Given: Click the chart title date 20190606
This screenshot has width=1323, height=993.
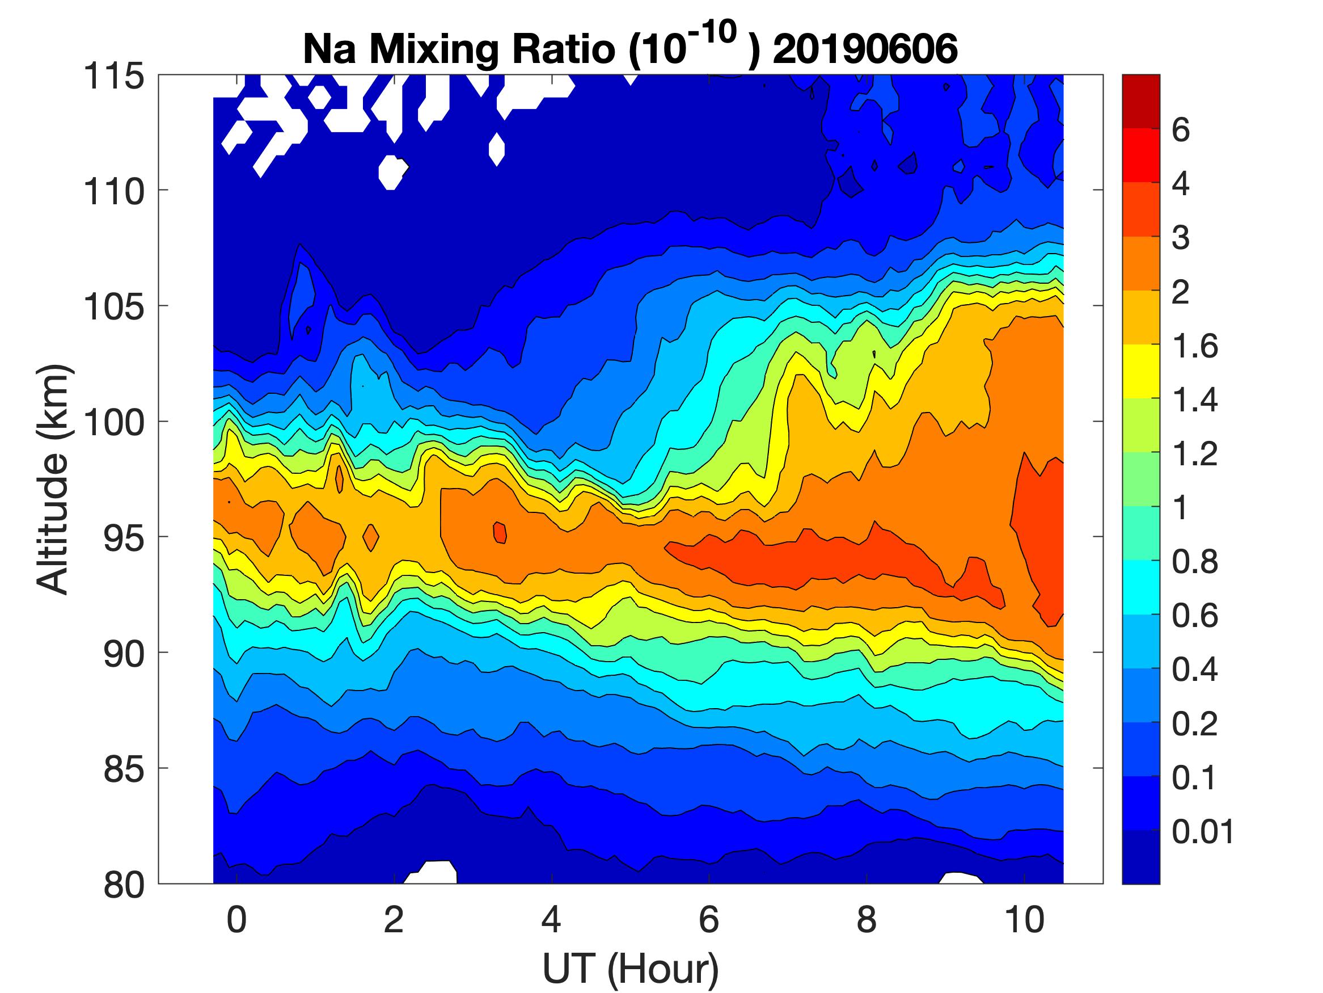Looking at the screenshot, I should pyautogui.click(x=865, y=49).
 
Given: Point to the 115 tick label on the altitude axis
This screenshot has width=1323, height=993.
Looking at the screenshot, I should pyautogui.click(x=114, y=77).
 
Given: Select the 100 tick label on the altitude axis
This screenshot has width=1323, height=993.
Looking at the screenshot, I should pyautogui.click(x=114, y=423).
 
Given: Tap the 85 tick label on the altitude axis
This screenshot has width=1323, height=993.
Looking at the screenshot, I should pyautogui.click(x=124, y=769).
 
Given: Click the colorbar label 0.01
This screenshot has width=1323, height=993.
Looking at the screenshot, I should pyautogui.click(x=1203, y=832).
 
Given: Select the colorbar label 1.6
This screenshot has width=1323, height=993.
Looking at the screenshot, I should pyautogui.click(x=1194, y=347).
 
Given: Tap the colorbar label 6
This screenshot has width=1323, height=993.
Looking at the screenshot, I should pyautogui.click(x=1181, y=131).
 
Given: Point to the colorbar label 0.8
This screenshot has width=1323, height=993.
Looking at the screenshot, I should pyautogui.click(x=1194, y=563).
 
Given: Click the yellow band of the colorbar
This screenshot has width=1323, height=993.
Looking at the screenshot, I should pyautogui.click(x=1140, y=371).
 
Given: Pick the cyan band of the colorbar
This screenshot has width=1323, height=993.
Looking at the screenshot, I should pyautogui.click(x=1140, y=587).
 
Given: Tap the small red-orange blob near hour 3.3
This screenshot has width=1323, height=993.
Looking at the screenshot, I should pyautogui.click(x=500, y=532).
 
